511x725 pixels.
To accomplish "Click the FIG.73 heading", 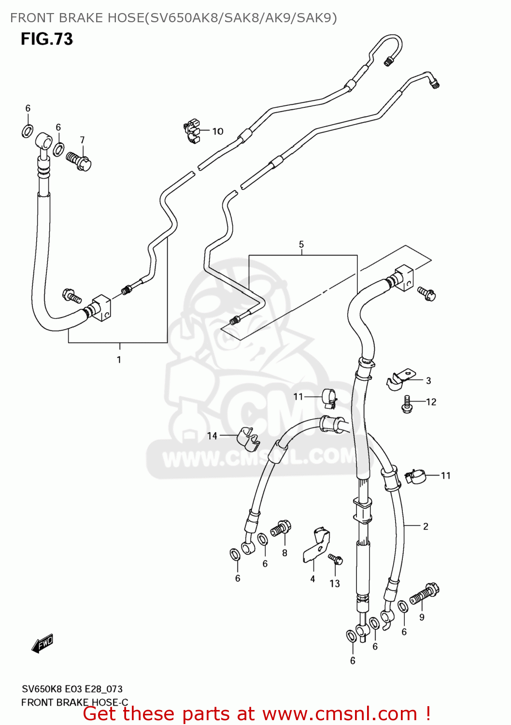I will (x=46, y=39).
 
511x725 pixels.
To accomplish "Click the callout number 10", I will (x=218, y=131).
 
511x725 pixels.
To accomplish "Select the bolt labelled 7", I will (x=80, y=161).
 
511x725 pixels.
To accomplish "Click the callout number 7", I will (x=82, y=140).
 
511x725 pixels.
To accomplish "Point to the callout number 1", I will (x=119, y=360).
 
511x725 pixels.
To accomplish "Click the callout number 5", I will (x=301, y=245).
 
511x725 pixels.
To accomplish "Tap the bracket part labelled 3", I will (x=400, y=379).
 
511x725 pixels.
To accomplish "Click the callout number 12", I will (x=431, y=402).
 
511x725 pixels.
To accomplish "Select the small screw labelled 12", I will (x=407, y=404).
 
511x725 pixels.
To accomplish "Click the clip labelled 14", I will (x=248, y=437).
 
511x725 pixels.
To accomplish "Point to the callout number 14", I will (x=212, y=436).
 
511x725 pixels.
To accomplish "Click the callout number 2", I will (x=426, y=526).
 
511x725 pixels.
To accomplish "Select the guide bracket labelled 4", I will (x=318, y=546).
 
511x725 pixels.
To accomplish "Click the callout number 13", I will (x=335, y=584).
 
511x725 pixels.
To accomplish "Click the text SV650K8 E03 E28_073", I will (x=72, y=689).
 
